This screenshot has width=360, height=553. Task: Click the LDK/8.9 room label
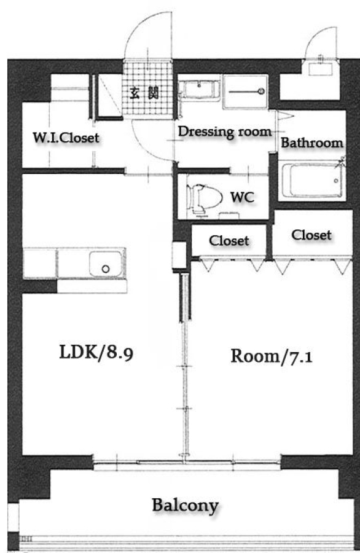coord(96,352)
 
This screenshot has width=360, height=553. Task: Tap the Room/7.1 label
coord(271,356)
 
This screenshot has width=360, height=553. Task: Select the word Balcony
coord(186,506)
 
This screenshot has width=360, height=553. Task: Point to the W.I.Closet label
coord(66,138)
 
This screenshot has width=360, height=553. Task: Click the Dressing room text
coord(225,131)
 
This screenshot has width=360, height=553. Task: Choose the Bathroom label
coord(311,143)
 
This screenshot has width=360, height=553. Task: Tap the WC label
coord(242,197)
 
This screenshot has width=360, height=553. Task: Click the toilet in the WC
coord(204,198)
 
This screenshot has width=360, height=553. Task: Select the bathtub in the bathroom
coord(311,181)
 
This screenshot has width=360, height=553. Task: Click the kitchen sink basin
coord(106,264)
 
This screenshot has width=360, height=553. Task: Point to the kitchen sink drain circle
coord(106,269)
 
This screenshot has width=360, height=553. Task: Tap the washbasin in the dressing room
coord(199,90)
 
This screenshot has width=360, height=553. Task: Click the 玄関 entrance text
coord(144,93)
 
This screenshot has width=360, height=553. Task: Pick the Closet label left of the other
coord(229,241)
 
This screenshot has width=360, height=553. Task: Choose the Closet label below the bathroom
coord(311,235)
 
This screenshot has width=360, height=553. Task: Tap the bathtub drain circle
coord(336,181)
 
